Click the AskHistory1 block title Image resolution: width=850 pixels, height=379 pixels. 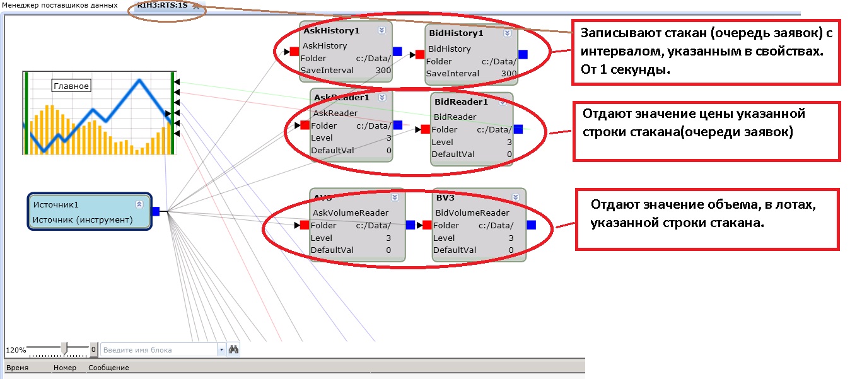click(331, 30)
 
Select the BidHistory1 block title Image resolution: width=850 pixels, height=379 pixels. click(455, 33)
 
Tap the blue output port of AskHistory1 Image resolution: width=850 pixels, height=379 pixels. click(397, 51)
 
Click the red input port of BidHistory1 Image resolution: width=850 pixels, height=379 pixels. click(420, 54)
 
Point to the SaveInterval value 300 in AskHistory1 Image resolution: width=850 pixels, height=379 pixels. click(383, 71)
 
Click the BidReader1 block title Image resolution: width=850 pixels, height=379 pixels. click(461, 102)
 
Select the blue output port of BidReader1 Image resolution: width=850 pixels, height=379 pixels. click(518, 129)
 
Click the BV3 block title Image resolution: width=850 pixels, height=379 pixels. click(445, 197)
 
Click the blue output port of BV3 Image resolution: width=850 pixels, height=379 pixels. click(531, 224)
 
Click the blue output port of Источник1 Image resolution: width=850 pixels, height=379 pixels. click(155, 211)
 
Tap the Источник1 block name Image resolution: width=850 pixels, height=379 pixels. click(55, 205)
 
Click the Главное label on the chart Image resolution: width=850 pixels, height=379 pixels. click(71, 86)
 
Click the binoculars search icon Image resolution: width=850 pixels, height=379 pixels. click(233, 349)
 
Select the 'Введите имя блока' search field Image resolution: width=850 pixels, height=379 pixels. click(159, 349)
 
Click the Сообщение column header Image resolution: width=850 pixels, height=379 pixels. click(108, 368)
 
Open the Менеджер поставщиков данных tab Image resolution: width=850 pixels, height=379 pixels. click(59, 5)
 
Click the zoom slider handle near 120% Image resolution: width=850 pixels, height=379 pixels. click(64, 347)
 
